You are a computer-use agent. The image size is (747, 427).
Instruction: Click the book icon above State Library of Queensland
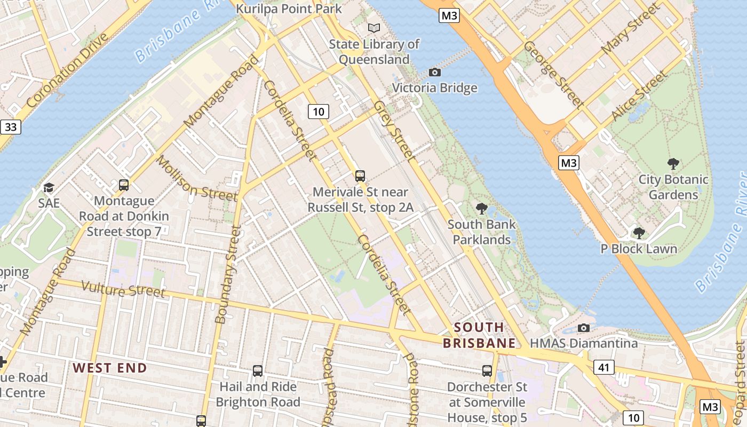tap(375, 28)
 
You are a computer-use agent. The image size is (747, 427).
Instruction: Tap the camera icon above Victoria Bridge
tap(435, 72)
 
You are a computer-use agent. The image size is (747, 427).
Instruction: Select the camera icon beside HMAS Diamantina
tap(584, 328)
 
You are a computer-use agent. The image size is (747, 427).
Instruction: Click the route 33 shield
tap(10, 127)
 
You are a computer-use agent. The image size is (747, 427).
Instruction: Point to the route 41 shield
tap(604, 367)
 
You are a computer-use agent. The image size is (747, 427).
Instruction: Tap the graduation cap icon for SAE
tap(49, 187)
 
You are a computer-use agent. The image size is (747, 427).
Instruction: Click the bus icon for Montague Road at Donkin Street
tap(124, 185)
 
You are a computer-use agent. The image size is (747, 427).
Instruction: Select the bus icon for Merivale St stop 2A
tap(360, 176)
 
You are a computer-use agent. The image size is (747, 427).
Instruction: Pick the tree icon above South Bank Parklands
tap(481, 208)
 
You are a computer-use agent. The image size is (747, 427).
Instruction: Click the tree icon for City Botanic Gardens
tap(673, 163)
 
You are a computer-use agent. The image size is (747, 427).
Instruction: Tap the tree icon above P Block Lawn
tap(639, 233)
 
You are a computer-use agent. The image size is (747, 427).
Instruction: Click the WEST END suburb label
tap(110, 368)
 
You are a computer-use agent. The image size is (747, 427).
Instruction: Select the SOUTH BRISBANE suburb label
tap(479, 335)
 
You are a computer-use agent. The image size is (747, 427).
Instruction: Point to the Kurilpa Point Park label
tap(289, 9)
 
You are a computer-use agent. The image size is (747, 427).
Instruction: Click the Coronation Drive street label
tap(67, 70)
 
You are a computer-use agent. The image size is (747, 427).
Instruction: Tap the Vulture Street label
tap(123, 289)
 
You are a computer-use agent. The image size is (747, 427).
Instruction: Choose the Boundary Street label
tap(227, 275)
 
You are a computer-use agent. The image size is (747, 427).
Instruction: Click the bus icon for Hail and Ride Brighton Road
tap(258, 370)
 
